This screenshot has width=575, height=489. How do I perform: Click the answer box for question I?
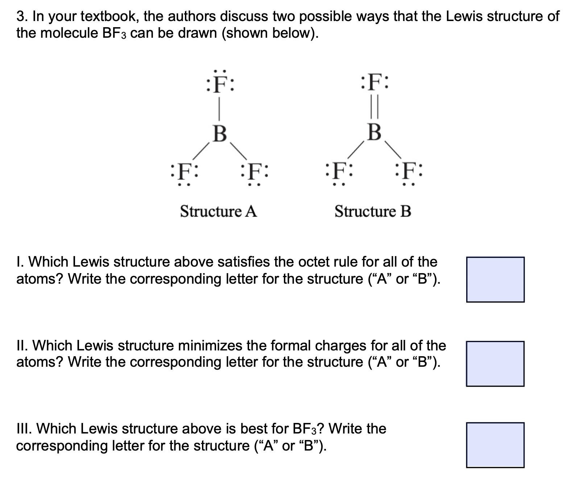pos(495,279)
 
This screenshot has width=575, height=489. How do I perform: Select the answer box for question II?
pos(495,363)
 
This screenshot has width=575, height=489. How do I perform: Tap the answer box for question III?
pos(495,445)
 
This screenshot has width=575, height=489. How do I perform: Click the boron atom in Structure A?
pos(219,133)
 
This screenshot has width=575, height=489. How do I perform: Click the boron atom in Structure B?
pos(374,132)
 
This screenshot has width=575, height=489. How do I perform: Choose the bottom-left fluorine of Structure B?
pos(339,171)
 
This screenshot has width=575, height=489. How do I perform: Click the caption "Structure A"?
pos(218,211)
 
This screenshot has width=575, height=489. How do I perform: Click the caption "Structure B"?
pos(373,211)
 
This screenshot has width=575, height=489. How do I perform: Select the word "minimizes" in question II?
pos(209,345)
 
